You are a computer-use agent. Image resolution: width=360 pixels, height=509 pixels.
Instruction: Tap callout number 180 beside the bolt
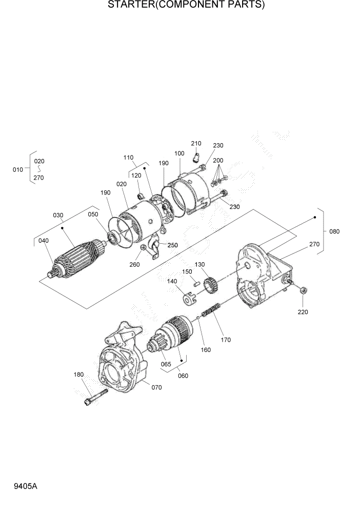pos(78,375)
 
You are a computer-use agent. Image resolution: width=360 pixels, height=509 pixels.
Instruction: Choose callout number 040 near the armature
pos(43,241)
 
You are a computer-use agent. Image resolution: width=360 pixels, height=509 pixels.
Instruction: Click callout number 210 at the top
pos(196,143)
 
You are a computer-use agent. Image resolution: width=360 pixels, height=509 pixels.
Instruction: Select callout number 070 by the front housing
pos(156,387)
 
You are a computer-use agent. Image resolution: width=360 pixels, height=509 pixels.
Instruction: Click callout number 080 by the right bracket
pos(334,231)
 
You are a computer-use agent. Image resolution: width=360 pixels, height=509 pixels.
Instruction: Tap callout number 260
pos(134,264)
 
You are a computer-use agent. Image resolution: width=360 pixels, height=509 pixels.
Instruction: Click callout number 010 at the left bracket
pos(17,169)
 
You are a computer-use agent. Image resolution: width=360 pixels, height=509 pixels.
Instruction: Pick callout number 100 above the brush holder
pos(179,153)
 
